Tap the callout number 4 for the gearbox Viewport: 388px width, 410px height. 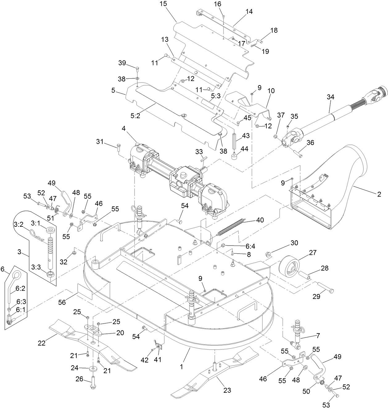pyautogui.click(x=123, y=128)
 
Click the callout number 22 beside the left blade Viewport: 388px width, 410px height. pyautogui.click(x=42, y=343)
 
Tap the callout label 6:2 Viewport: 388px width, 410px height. pyautogui.click(x=20, y=288)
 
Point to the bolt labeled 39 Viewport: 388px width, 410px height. pyautogui.click(x=137, y=68)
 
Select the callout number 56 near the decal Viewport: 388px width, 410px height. pyautogui.click(x=62, y=302)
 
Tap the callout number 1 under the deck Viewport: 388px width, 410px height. pyautogui.click(x=181, y=367)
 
